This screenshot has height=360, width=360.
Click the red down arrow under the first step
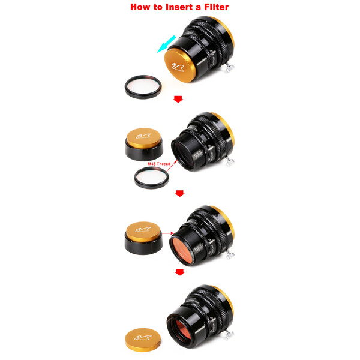tap(178, 99)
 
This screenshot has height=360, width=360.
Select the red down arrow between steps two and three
tap(178, 193)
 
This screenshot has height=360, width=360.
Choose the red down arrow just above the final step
tap(178, 272)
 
